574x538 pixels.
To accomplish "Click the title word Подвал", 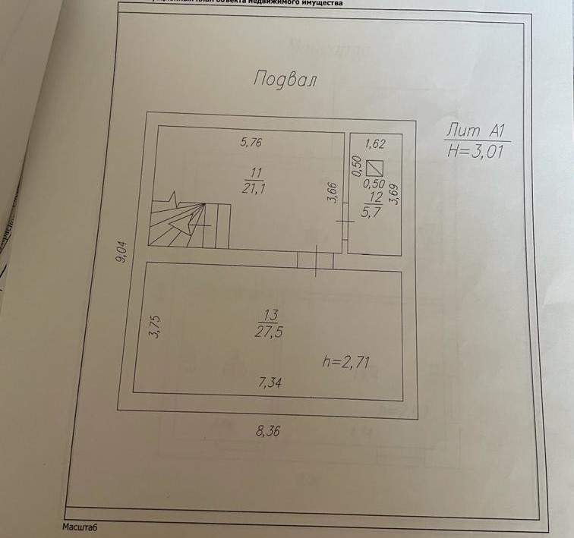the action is click(x=284, y=79).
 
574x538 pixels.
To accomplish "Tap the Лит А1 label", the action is click(x=476, y=129).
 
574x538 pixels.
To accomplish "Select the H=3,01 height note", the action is click(x=476, y=150).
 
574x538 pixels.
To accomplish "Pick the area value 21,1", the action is click(x=257, y=187).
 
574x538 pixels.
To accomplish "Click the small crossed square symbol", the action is click(x=374, y=168).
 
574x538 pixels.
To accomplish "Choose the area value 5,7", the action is click(x=372, y=213).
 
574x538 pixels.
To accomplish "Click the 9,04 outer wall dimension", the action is click(x=121, y=250).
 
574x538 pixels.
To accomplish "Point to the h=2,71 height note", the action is click(x=346, y=362).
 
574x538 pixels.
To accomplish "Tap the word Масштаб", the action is click(x=80, y=526).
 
